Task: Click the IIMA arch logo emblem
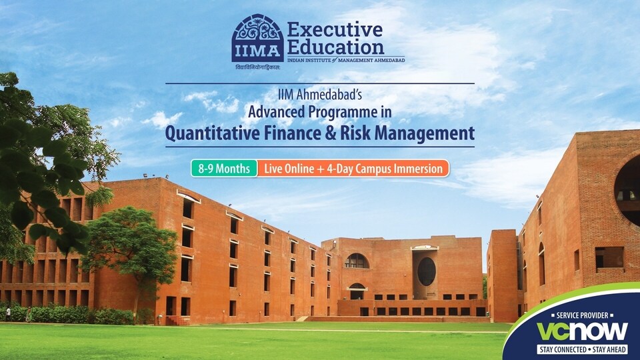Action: tap(257, 38)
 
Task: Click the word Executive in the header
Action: tap(335, 30)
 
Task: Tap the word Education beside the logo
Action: tap(335, 47)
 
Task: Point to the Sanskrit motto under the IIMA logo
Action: tap(257, 67)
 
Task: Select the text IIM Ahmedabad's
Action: tap(320, 95)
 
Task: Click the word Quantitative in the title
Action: tap(212, 133)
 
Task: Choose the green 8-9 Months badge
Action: tap(224, 168)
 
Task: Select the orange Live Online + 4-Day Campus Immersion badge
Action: tap(353, 168)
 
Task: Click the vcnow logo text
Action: tap(582, 331)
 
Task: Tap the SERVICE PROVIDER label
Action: tap(582, 315)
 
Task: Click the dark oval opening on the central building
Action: tap(427, 271)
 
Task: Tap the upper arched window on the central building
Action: tap(357, 261)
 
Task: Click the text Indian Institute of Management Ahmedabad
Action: tap(346, 60)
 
